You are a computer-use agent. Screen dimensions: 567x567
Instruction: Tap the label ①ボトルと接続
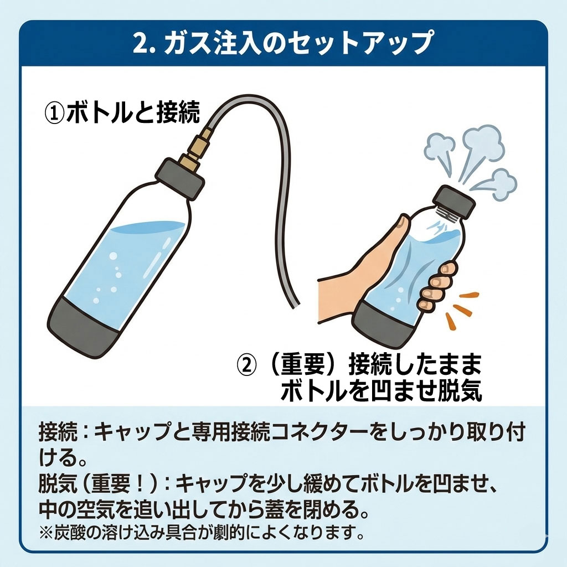tap(122, 114)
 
